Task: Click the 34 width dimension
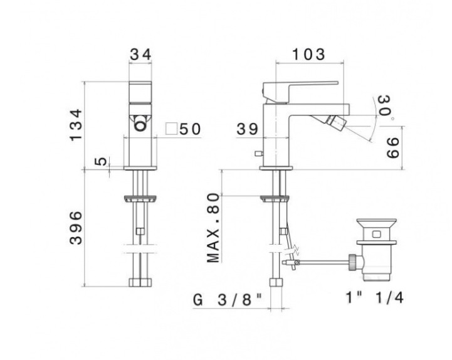(x=140, y=54)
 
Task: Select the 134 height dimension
(x=76, y=125)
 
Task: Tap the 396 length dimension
(x=76, y=228)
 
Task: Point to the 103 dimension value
(x=308, y=54)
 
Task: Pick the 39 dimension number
(x=247, y=129)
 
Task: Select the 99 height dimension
(x=392, y=148)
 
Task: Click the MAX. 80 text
(x=213, y=228)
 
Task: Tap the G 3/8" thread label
(x=228, y=300)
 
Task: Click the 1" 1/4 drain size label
(x=374, y=297)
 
